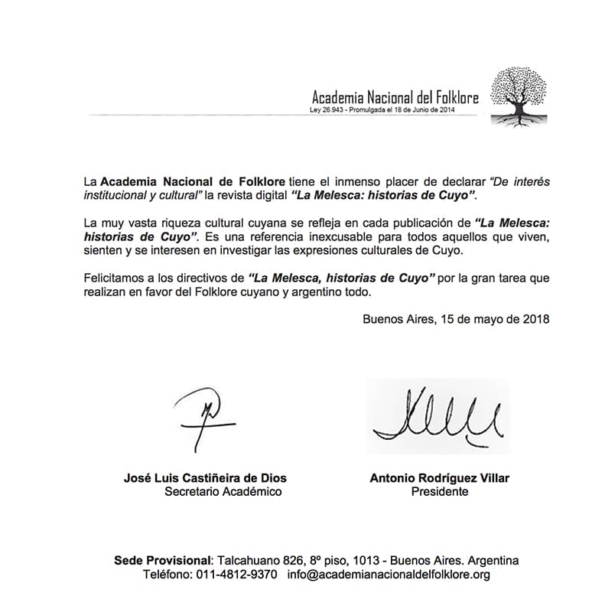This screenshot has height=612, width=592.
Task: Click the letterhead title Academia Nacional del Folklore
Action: pyautogui.click(x=395, y=97)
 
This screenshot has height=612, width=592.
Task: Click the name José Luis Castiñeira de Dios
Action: pyautogui.click(x=205, y=478)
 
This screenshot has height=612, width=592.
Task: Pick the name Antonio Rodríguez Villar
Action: pyautogui.click(x=439, y=478)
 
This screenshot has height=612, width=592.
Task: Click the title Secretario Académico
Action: pyautogui.click(x=223, y=492)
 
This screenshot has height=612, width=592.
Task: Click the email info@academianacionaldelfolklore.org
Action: pyautogui.click(x=389, y=574)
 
